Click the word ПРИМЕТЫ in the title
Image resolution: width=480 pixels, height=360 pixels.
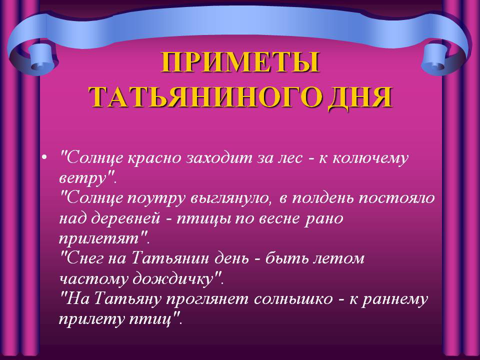click(240, 62)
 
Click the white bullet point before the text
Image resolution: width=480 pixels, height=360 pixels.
click(44, 157)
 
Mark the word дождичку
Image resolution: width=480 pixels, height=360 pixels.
click(172, 279)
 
